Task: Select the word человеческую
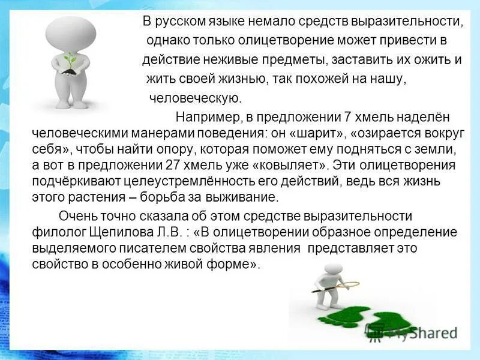pos(194,98)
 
